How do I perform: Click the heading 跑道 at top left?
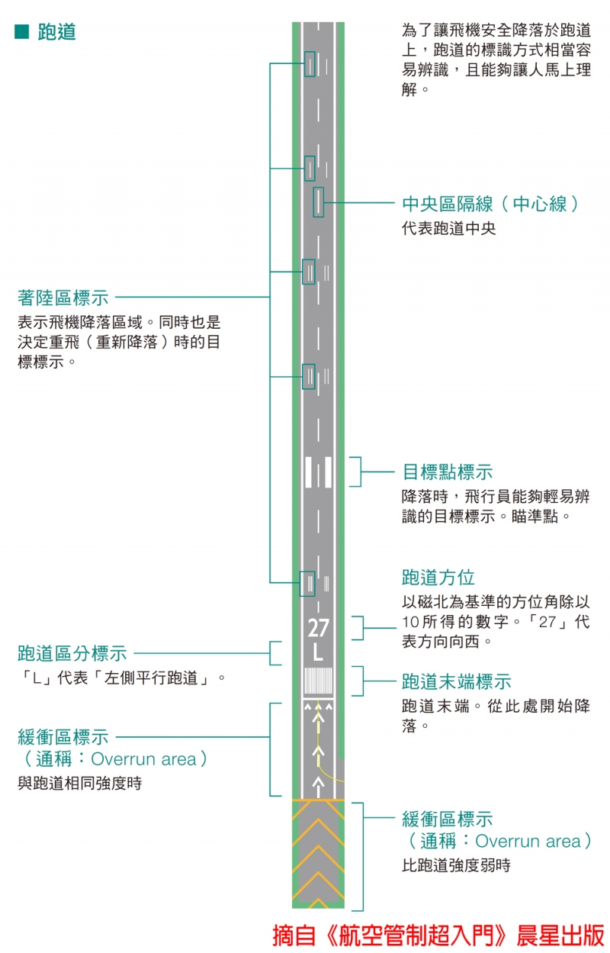click(x=56, y=32)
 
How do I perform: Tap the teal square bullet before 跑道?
click(x=21, y=32)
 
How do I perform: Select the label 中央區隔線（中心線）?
click(x=490, y=204)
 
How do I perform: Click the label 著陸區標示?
click(x=63, y=298)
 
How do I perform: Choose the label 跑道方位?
click(x=438, y=577)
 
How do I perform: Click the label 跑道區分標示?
click(x=72, y=653)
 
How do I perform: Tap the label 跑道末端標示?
click(x=456, y=681)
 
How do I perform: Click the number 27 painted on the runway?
click(x=318, y=629)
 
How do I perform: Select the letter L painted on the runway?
click(x=318, y=654)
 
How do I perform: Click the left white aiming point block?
click(x=309, y=472)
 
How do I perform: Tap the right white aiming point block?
click(x=328, y=472)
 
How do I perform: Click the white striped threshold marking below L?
click(x=318, y=681)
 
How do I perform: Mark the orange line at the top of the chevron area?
click(x=318, y=800)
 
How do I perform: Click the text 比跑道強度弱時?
click(x=456, y=865)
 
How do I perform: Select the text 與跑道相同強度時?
click(x=79, y=783)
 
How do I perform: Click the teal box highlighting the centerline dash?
click(x=318, y=202)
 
